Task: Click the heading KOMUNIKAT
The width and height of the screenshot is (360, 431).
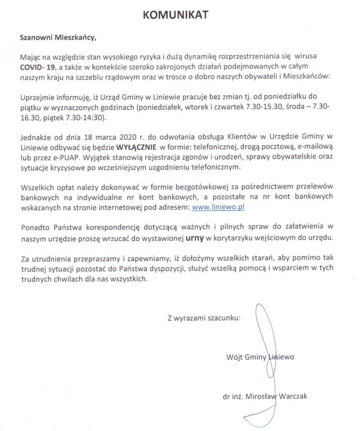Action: coord(175,15)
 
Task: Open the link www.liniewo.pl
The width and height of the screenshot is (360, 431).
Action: coord(218,206)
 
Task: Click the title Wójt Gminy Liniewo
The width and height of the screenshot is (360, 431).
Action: coord(260,357)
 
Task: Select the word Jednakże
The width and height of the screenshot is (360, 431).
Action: coord(37,136)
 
